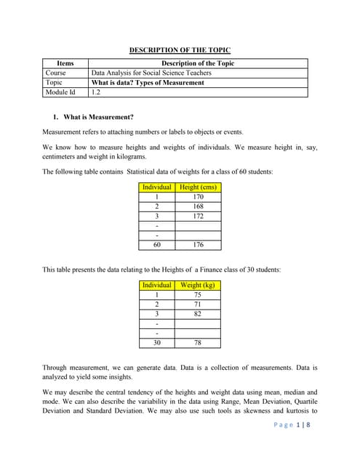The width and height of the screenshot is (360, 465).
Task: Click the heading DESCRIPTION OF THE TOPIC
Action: click(x=180, y=50)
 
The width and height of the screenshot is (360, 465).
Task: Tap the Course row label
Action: click(x=55, y=73)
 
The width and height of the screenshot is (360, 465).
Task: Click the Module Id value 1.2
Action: click(x=96, y=92)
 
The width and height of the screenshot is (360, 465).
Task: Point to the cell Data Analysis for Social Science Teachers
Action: click(x=151, y=73)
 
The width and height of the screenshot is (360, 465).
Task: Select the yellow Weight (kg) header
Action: click(x=197, y=286)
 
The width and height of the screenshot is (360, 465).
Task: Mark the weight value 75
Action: click(x=197, y=295)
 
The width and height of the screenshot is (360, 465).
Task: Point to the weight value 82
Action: click(x=197, y=314)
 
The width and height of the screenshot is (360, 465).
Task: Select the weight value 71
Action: click(x=197, y=304)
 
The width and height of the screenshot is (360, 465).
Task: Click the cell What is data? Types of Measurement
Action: click(x=148, y=83)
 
